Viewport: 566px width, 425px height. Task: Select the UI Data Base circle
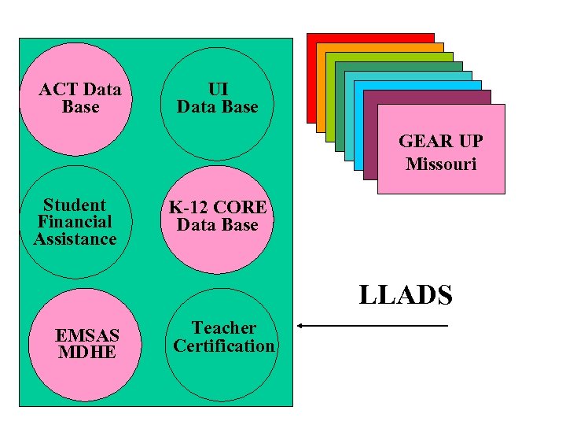click(x=217, y=98)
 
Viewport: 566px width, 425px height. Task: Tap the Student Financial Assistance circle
click(x=75, y=222)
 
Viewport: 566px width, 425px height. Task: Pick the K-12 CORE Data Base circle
click(x=217, y=216)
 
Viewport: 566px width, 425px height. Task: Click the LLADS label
click(x=406, y=295)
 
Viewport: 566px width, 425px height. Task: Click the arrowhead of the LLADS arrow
click(x=301, y=325)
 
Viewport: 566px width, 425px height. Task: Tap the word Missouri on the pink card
click(x=441, y=164)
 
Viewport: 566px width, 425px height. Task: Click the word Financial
click(x=75, y=222)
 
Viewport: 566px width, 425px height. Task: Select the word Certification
click(x=224, y=346)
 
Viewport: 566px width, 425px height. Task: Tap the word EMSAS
click(x=87, y=336)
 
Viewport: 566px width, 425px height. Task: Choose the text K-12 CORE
click(x=218, y=208)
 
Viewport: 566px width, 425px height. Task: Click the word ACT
click(x=58, y=90)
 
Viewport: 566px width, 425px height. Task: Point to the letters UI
click(x=218, y=90)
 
